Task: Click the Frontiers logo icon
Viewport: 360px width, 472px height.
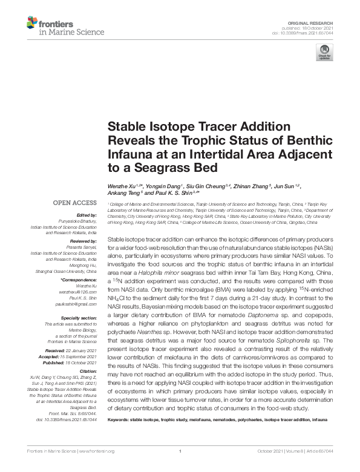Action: tap(32, 24)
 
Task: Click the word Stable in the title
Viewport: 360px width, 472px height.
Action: tap(125, 128)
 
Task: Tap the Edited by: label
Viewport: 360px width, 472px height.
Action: tap(87, 215)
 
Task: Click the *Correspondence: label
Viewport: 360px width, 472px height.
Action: tap(79, 281)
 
